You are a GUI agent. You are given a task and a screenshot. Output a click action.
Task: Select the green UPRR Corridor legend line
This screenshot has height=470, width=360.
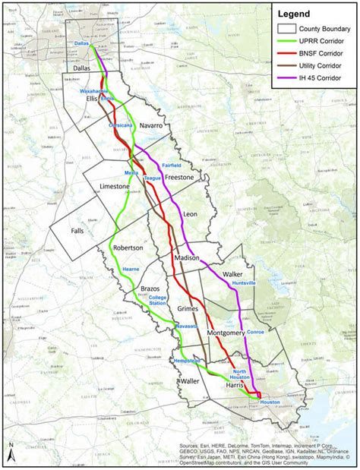coord(289,39)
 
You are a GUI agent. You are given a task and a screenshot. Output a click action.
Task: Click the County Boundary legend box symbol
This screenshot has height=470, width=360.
coord(289,27)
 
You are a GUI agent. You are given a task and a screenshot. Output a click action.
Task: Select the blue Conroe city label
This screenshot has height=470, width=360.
coord(254,330)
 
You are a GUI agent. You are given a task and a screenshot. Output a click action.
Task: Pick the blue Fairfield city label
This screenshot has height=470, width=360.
coord(172,164)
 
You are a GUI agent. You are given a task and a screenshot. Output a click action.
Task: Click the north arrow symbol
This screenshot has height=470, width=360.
coord(11,453)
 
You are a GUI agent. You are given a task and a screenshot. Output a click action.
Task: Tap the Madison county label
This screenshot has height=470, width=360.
coord(188,258)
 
